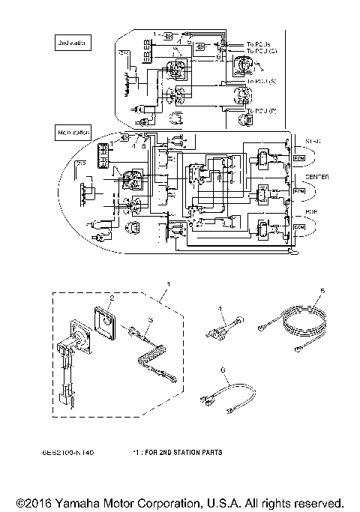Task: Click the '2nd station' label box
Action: pos(71,43)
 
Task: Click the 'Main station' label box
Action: pos(73,133)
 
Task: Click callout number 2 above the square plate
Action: pos(112,298)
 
